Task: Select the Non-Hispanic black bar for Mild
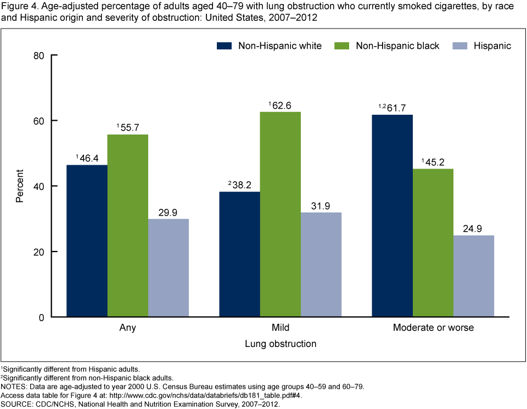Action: [280, 214]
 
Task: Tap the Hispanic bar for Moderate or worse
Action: [473, 276]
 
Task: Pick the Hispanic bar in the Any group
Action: [169, 268]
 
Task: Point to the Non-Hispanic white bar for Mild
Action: [239, 254]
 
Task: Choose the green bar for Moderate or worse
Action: [433, 243]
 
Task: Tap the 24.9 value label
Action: [473, 228]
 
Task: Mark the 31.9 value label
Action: [321, 205]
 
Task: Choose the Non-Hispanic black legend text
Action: [397, 46]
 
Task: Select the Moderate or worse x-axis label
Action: [433, 328]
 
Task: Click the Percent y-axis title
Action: [20, 187]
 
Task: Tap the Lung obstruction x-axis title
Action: [280, 344]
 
